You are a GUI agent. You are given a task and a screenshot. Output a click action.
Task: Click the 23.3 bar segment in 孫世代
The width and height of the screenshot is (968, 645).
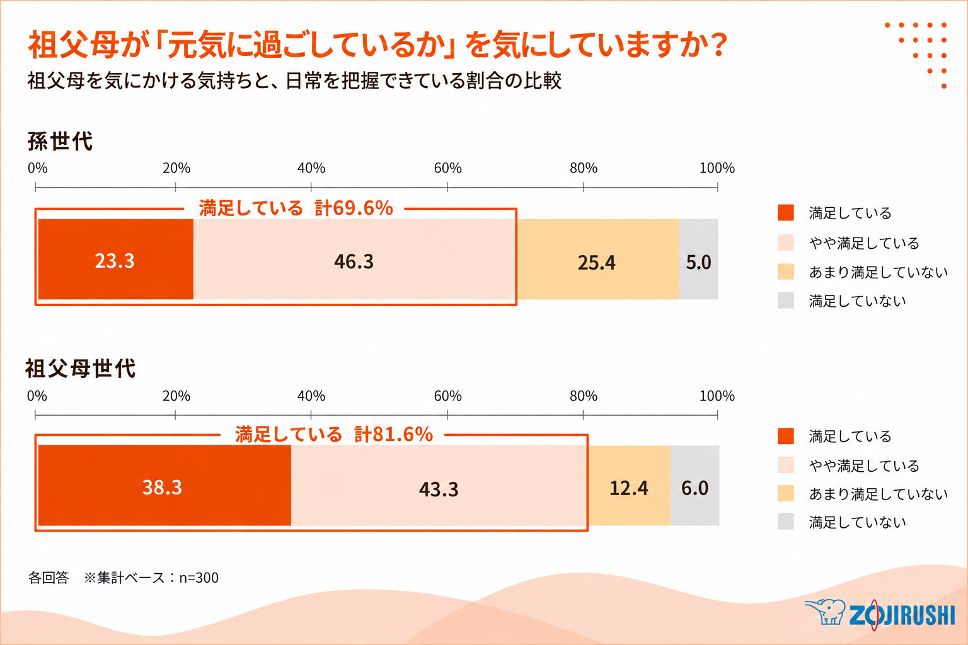(116, 260)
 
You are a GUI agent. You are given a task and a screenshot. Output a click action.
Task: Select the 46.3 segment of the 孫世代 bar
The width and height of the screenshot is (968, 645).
(355, 260)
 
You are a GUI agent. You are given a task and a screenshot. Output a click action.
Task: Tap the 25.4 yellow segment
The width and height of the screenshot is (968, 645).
(598, 260)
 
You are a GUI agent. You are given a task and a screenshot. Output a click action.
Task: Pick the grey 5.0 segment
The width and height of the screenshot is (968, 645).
(699, 260)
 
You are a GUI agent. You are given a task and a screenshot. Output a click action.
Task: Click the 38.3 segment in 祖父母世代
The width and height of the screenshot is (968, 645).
(164, 486)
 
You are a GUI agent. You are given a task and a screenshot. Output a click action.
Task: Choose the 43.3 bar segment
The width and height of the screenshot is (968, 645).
(439, 486)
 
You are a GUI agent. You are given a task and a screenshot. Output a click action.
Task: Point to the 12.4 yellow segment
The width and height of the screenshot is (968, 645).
(629, 486)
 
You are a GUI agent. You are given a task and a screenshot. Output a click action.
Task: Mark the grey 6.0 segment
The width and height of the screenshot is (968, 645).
(695, 486)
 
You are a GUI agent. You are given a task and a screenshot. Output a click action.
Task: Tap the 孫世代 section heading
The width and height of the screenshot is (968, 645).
(60, 141)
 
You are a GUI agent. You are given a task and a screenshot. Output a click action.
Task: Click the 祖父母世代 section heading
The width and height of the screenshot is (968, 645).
(81, 368)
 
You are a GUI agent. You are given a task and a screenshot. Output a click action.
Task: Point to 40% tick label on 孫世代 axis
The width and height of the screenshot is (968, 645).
(311, 168)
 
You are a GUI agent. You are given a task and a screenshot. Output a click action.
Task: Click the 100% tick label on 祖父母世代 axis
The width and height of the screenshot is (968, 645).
(717, 396)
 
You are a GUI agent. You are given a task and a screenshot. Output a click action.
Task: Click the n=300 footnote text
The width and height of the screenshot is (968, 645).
(199, 578)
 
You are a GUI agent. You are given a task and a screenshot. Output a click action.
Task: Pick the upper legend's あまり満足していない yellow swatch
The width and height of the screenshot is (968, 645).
(786, 271)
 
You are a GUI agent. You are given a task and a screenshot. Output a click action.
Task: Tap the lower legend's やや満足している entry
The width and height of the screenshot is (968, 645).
(848, 465)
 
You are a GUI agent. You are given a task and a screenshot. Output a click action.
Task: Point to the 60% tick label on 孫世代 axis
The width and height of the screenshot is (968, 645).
(447, 168)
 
